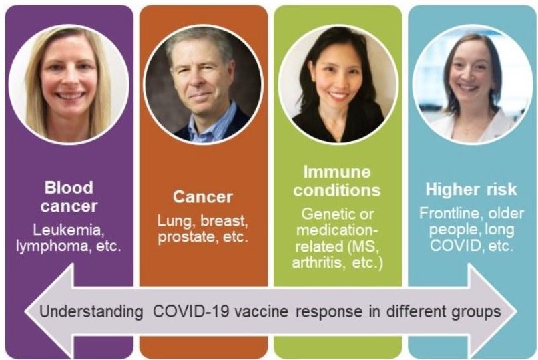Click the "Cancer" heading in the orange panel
203,196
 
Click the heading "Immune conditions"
338,181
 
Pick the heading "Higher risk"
471,190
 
